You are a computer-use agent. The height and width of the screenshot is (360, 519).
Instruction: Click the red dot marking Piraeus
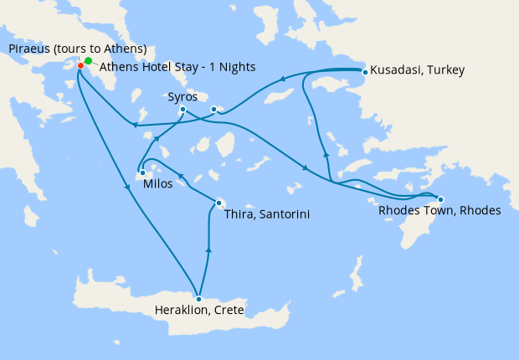click(x=80, y=65)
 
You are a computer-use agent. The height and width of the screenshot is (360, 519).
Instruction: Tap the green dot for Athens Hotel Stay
click(x=88, y=61)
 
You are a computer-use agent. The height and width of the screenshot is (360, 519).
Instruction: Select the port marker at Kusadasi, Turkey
click(x=365, y=72)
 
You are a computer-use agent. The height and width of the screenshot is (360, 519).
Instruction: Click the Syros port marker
click(x=182, y=109)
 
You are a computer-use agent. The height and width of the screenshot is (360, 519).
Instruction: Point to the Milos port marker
click(x=142, y=173)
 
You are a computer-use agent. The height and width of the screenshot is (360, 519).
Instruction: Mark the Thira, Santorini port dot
click(x=218, y=203)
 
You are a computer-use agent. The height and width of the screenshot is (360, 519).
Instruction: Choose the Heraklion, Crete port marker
click(x=199, y=299)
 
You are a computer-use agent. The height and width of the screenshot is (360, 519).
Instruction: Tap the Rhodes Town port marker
click(x=440, y=199)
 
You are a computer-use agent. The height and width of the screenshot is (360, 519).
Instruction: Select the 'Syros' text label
click(x=182, y=97)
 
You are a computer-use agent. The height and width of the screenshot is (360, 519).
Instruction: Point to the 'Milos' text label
click(x=158, y=184)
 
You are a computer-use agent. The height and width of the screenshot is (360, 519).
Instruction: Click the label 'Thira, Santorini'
click(x=268, y=215)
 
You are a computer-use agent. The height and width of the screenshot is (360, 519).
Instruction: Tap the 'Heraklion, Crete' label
click(x=199, y=311)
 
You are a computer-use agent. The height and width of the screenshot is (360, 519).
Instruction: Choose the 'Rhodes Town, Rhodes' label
click(x=439, y=211)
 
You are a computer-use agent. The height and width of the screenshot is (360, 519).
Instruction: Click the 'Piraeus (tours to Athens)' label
click(x=78, y=49)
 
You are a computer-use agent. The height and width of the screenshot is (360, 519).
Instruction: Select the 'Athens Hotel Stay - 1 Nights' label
click(x=177, y=67)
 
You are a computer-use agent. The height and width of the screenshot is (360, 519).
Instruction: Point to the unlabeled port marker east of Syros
click(x=214, y=109)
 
